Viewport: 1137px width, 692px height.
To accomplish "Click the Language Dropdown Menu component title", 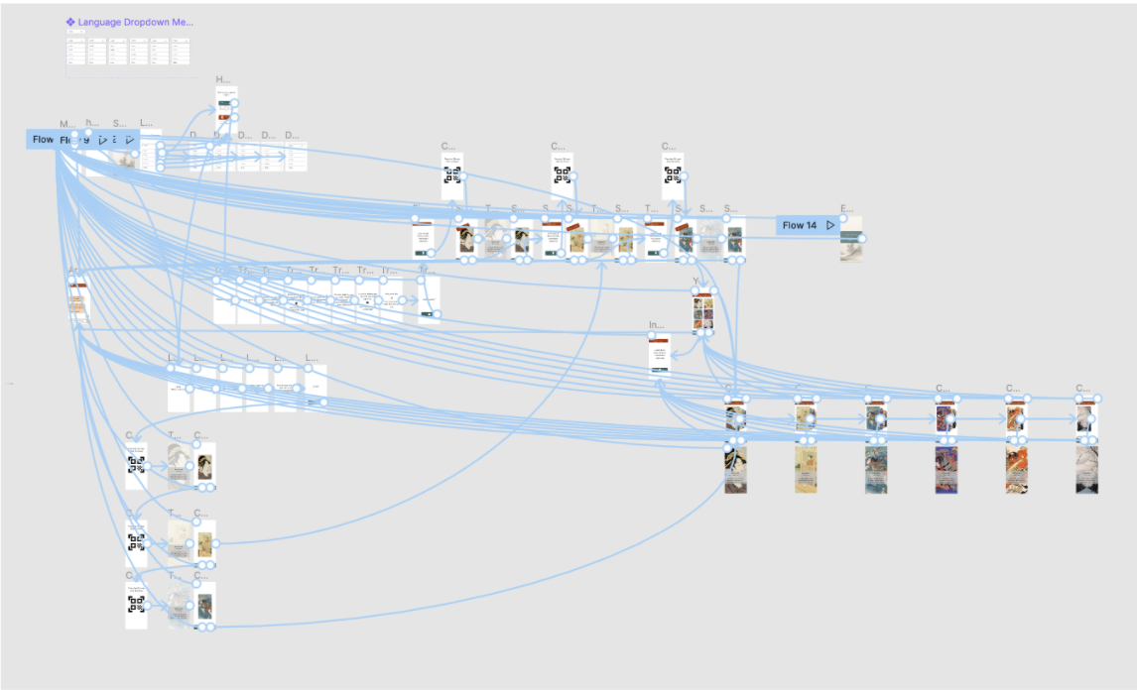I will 135,21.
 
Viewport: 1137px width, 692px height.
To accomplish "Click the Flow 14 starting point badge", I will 800,225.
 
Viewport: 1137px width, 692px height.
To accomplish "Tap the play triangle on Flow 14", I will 831,225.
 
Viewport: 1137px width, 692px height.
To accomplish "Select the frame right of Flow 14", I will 850,239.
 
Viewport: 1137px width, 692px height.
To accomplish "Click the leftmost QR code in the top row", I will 451,175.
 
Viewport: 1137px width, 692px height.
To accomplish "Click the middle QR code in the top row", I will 562,175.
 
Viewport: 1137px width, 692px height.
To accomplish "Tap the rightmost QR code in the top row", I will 673,175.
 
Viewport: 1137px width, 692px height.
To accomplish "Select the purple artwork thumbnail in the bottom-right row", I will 946,469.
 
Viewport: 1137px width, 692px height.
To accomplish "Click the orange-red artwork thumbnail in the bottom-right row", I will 1016,469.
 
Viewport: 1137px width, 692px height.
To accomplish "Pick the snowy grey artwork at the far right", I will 1086,469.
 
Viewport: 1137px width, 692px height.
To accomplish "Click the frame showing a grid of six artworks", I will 702,312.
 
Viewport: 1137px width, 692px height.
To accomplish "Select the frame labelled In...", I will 659,355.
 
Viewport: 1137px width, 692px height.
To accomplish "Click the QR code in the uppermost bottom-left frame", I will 136,463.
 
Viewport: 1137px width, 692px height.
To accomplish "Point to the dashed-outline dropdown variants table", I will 128,56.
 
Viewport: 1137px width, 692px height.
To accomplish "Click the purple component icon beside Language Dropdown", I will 70,21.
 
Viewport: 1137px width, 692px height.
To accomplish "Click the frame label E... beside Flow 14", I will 846,209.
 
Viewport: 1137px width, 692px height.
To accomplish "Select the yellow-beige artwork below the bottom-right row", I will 805,469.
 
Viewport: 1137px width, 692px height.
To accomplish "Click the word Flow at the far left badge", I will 43,140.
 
